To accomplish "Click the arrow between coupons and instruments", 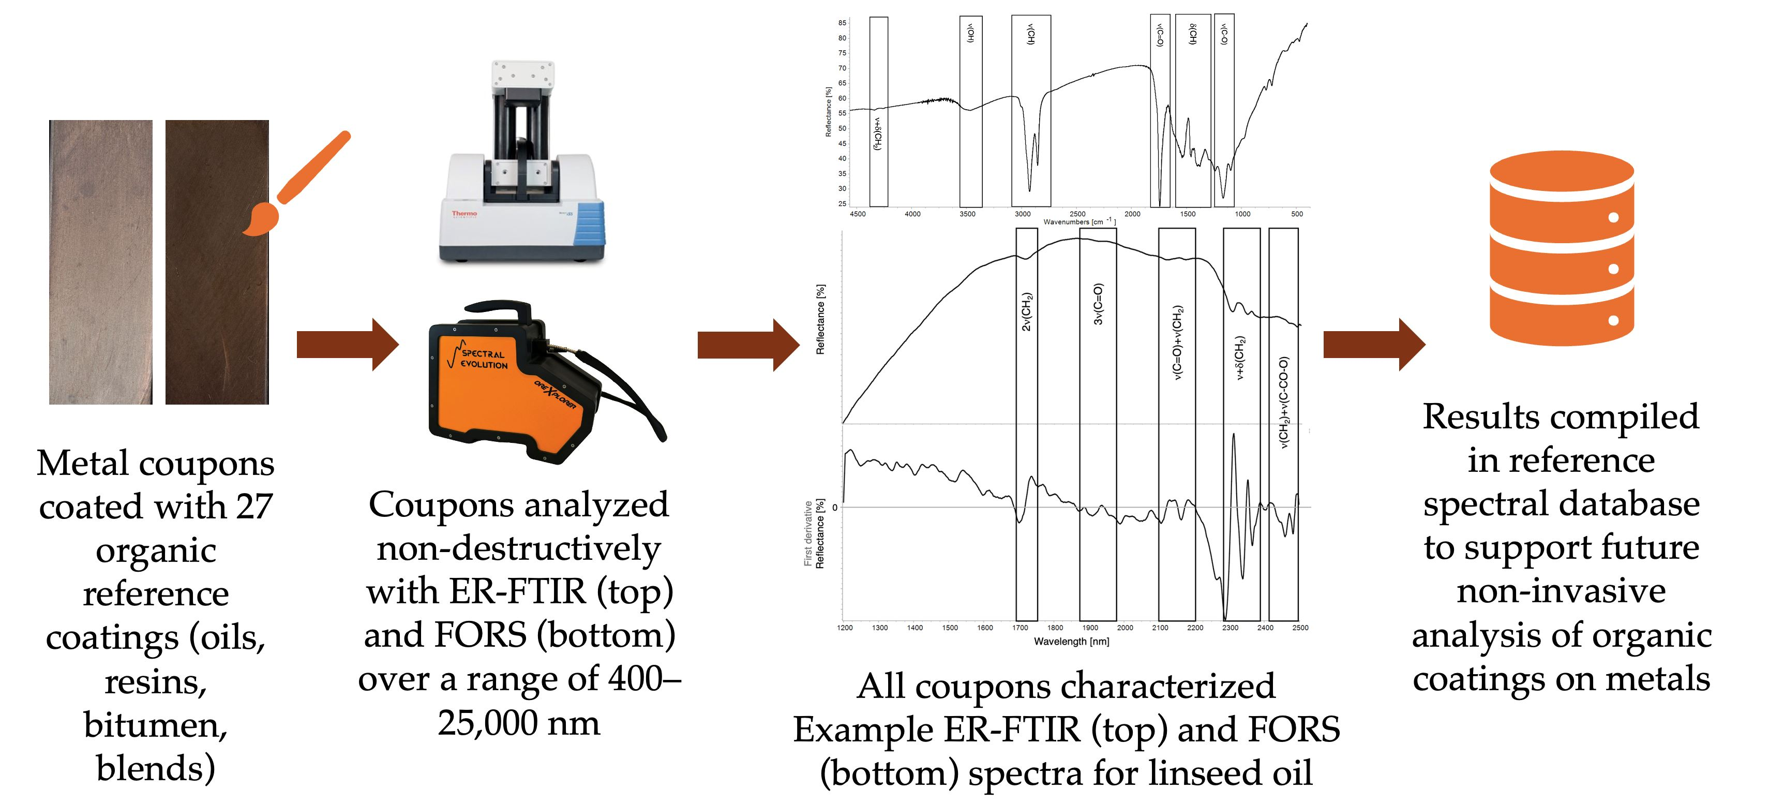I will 347,344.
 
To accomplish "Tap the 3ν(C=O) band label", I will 1098,304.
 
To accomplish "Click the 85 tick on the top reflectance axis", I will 842,23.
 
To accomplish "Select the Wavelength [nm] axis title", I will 1071,642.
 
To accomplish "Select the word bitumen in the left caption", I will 155,725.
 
